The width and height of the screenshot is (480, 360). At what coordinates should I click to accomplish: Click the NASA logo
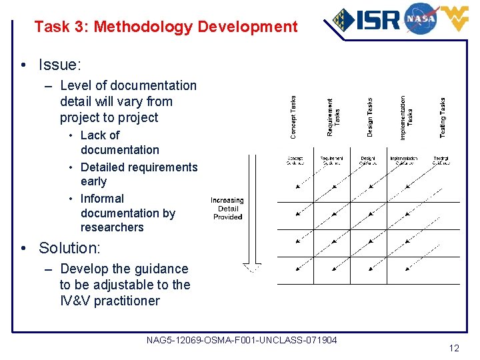[420, 18]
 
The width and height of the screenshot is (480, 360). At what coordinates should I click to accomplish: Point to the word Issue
[59, 65]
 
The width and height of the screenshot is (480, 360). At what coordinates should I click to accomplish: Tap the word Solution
[69, 248]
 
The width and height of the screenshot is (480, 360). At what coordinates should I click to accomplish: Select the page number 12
[454, 348]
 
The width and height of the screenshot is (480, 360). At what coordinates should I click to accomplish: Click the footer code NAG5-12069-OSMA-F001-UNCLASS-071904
[241, 341]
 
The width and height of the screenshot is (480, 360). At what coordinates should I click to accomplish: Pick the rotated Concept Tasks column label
[294, 117]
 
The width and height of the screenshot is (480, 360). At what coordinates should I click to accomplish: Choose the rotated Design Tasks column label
[370, 117]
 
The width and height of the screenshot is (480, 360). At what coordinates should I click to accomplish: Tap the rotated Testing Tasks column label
[443, 117]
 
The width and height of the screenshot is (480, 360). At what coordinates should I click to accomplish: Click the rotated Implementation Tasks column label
[406, 117]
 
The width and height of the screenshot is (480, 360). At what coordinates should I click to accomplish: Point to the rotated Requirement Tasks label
[333, 117]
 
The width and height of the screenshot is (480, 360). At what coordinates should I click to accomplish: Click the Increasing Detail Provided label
[227, 209]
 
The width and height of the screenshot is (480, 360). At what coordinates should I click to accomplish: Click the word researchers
[112, 227]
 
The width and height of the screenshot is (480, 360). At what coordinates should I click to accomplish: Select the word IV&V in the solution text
[75, 301]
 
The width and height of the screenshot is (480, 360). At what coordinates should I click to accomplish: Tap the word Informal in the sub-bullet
[102, 199]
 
